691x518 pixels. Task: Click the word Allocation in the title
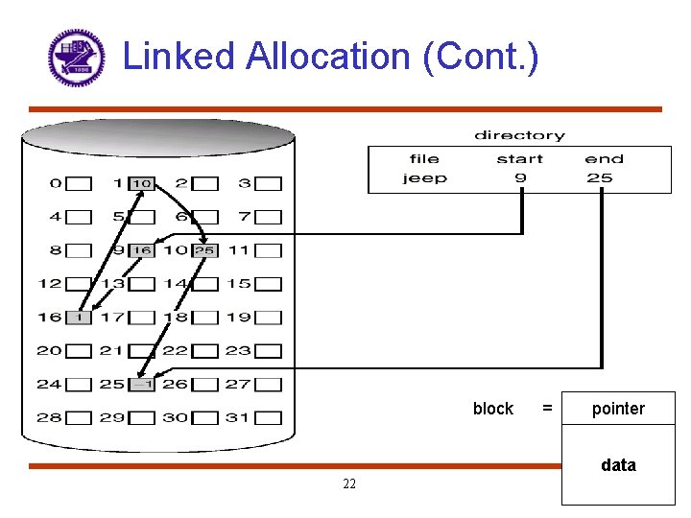click(329, 57)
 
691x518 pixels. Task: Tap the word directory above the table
click(519, 135)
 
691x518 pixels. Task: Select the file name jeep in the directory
click(424, 177)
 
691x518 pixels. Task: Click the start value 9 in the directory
click(520, 177)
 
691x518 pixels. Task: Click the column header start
click(520, 159)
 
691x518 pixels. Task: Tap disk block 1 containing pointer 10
click(141, 183)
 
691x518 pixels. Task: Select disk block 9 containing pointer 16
click(141, 250)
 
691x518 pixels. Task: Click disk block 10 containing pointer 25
click(203, 250)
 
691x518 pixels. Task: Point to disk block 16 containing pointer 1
click(79, 318)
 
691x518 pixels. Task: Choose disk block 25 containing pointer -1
click(141, 384)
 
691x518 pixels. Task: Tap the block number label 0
click(56, 183)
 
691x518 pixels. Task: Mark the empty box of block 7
click(269, 217)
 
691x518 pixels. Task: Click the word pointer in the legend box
click(618, 410)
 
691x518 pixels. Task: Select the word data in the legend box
click(618, 465)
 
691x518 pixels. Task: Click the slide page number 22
click(349, 483)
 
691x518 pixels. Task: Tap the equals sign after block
click(547, 409)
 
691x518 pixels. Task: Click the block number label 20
click(49, 350)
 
